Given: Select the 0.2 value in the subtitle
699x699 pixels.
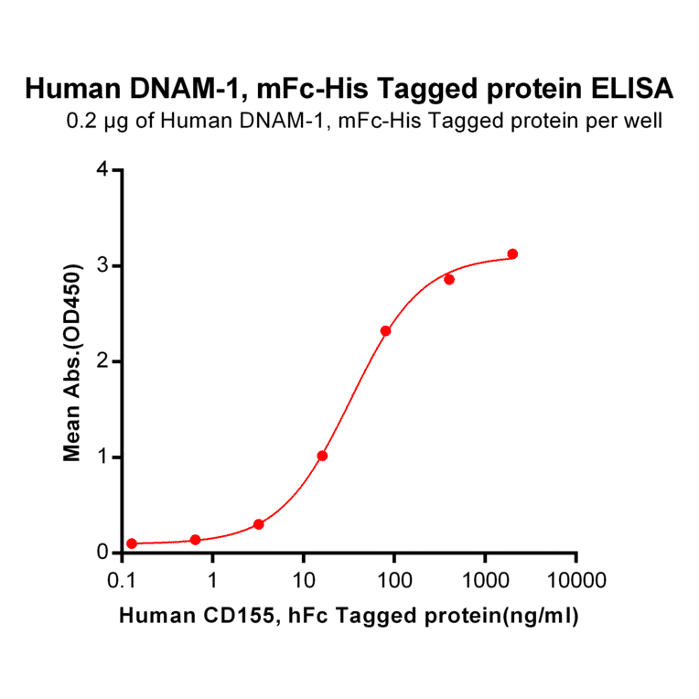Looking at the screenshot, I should tap(80, 120).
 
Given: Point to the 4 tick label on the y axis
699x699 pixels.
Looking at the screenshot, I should tap(102, 170).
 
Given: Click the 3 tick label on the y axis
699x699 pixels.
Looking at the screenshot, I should tap(102, 265).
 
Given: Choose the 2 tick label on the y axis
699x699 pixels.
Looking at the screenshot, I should tap(102, 361).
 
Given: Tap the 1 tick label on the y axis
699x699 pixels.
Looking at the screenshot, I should tap(102, 457).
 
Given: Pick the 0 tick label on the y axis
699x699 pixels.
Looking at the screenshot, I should tap(102, 553).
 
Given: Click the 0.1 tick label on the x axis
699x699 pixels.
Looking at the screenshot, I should tap(122, 580).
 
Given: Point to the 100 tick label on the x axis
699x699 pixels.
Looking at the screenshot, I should tap(394, 580).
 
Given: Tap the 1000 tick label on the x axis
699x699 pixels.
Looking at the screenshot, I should tap(485, 580).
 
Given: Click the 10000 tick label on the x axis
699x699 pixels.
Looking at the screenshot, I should tap(576, 580).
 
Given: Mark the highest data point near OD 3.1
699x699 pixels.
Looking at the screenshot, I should tap(512, 253).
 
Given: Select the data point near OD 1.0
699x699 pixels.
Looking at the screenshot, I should tap(322, 456).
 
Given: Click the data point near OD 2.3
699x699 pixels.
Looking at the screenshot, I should tap(386, 331).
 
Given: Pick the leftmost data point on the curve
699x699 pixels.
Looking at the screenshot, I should tap(132, 543).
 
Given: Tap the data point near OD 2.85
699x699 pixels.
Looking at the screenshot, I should tap(449, 279).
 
